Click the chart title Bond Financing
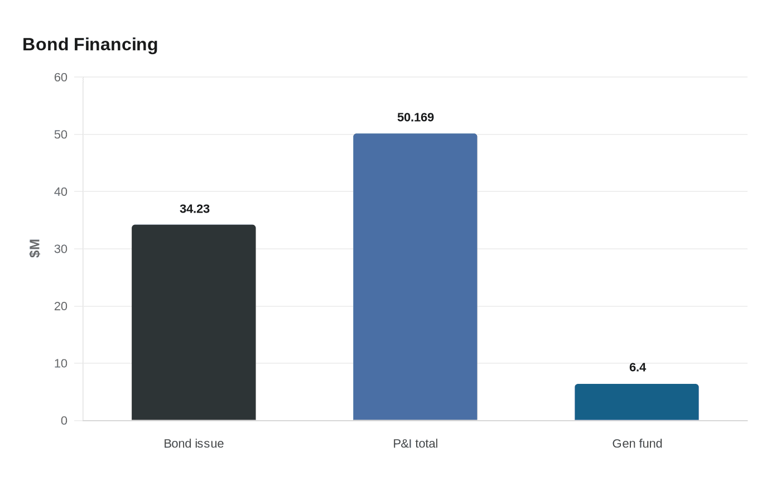click(90, 45)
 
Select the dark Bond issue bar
click(194, 322)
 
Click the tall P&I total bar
click(415, 277)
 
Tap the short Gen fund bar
click(637, 402)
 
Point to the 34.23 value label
click(195, 209)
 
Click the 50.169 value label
click(415, 117)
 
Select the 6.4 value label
click(637, 367)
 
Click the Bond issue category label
click(194, 444)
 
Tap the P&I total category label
click(415, 444)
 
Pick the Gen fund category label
click(637, 444)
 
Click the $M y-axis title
click(35, 248)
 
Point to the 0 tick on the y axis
click(64, 421)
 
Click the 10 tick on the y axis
click(61, 363)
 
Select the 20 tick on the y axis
click(61, 306)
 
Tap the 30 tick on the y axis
click(61, 249)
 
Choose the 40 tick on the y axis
click(61, 191)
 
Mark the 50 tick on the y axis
click(61, 134)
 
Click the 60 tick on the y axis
click(61, 78)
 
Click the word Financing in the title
click(116, 45)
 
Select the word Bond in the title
click(45, 45)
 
